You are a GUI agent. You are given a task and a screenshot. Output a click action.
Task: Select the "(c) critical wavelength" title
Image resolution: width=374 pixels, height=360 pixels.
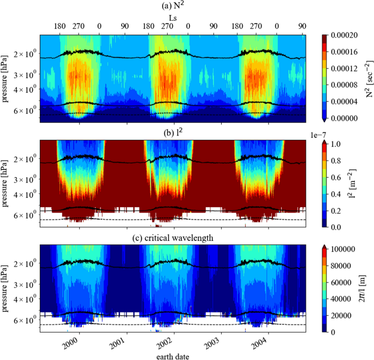[x=174, y=235]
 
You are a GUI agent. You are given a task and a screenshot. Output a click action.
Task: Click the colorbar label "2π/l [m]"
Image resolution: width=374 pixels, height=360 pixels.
[x=369, y=290]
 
